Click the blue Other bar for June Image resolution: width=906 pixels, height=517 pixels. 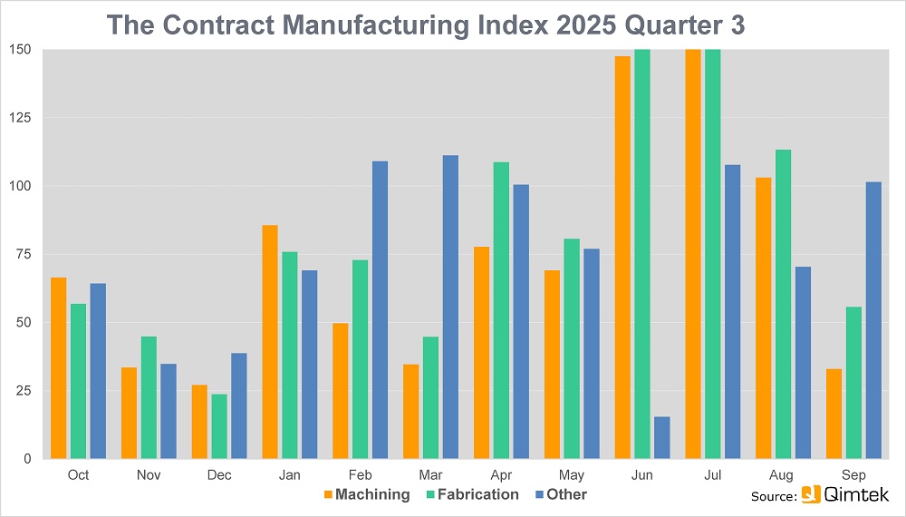point(662,437)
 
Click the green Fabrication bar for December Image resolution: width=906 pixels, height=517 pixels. point(219,426)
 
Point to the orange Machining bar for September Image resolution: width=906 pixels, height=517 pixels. point(834,414)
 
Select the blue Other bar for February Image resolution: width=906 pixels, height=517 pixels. point(380,309)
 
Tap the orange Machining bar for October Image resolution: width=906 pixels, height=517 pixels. point(58,367)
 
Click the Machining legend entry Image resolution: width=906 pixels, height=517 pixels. point(366,494)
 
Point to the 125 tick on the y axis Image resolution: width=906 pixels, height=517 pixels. point(20,118)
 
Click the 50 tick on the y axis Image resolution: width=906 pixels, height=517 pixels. point(23,322)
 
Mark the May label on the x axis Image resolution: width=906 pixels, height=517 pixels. point(572,475)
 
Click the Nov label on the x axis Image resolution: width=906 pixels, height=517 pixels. point(149,475)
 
